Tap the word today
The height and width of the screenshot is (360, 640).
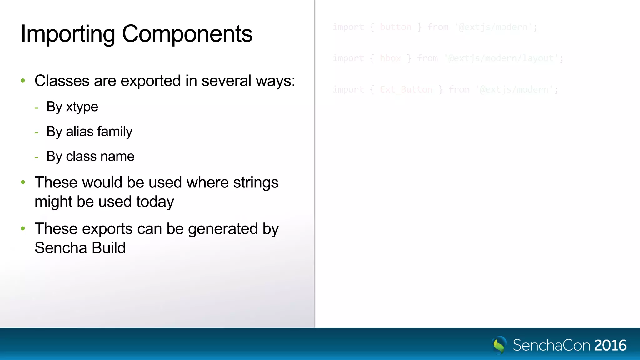point(155,202)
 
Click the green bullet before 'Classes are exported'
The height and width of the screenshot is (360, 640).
point(23,81)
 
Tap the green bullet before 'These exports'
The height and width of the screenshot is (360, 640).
point(23,229)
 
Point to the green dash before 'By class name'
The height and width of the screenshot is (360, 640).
point(37,157)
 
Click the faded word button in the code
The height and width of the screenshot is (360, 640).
point(396,27)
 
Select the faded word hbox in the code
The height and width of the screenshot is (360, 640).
point(390,58)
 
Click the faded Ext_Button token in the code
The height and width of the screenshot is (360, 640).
point(406,90)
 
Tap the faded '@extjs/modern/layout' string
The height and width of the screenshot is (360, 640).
point(501,58)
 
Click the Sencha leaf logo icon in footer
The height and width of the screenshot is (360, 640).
point(499,345)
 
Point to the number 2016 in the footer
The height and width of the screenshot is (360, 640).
point(610,346)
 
